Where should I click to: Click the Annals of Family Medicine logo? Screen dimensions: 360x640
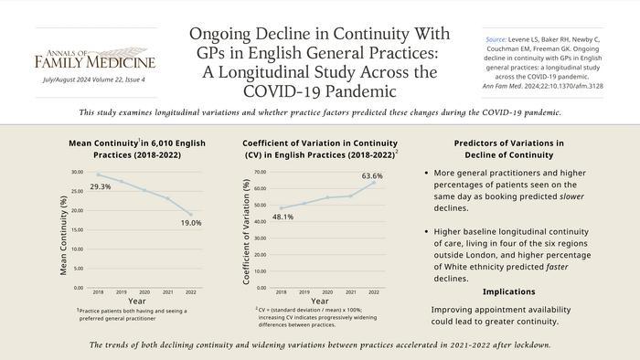click(95, 57)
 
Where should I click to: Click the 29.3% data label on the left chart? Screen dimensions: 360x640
click(101, 186)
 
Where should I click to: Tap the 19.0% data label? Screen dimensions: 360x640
click(191, 222)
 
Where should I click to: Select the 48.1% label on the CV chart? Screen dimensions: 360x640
click(283, 217)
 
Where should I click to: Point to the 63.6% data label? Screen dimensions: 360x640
click(372, 175)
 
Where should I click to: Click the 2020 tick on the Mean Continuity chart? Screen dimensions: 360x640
click(144, 292)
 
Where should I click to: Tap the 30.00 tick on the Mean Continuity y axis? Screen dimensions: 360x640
click(77, 172)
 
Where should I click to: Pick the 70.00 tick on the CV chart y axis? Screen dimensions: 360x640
click(260, 172)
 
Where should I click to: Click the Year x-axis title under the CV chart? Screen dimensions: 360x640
click(319, 301)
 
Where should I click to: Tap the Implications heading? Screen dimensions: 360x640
click(509, 291)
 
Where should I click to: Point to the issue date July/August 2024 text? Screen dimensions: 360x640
click(94, 79)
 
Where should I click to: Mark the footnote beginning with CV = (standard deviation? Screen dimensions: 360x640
click(315, 316)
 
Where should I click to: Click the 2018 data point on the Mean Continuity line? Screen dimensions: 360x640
click(99, 175)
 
